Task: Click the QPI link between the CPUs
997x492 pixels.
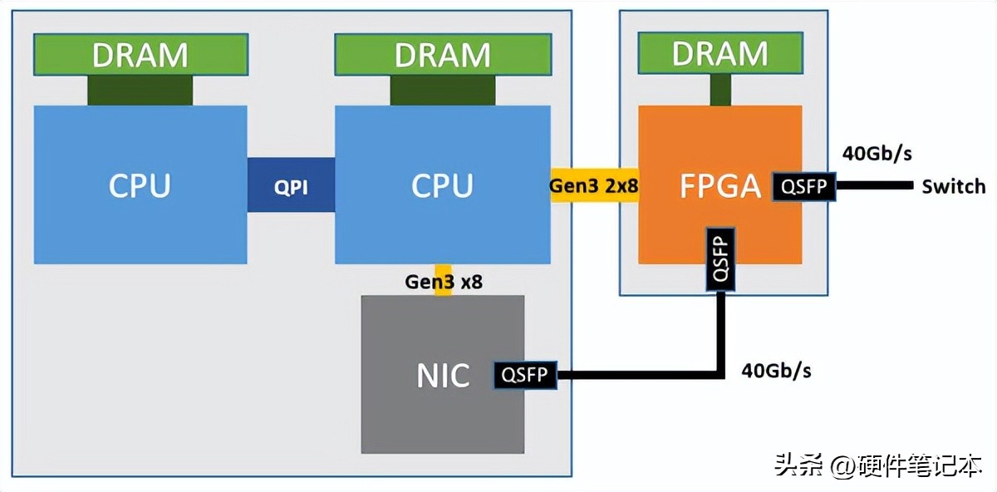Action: pos(291,185)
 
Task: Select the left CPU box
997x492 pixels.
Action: pos(140,184)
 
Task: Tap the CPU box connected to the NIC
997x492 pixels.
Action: pos(442,184)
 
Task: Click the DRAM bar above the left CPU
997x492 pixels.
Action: pos(140,54)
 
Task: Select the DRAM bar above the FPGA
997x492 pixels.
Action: pos(720,54)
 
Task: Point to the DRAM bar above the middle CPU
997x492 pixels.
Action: pos(442,54)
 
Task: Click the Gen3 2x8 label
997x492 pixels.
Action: pos(593,186)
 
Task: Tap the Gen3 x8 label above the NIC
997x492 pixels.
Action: pos(444,282)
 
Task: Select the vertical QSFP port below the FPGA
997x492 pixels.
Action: pos(720,258)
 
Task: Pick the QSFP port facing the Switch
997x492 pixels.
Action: pos(804,186)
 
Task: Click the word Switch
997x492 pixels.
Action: pos(953,186)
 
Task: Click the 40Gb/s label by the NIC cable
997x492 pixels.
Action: pos(776,371)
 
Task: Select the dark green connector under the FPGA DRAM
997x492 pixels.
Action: pos(720,89)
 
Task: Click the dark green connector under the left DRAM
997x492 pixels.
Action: pos(140,89)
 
